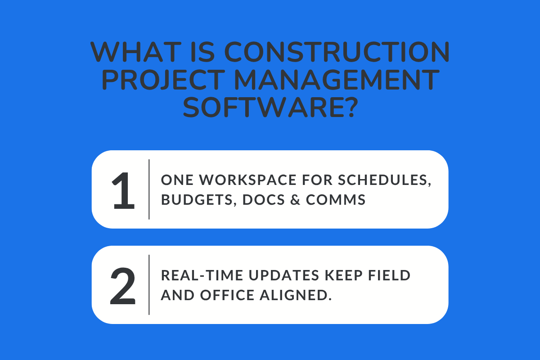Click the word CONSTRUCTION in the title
point(337,53)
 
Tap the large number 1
point(123,189)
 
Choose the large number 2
point(123,285)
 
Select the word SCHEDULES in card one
point(385,180)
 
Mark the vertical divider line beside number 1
point(149,189)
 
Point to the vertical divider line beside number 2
point(149,285)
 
